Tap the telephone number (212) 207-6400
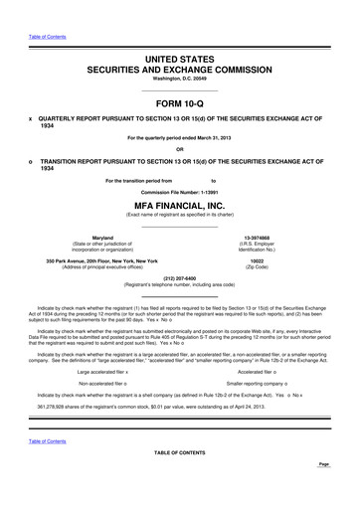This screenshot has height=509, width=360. tap(179, 278)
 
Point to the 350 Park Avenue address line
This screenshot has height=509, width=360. tap(102, 260)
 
